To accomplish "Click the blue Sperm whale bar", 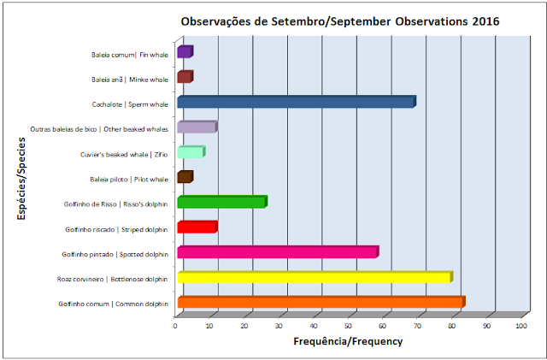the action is click(x=297, y=102).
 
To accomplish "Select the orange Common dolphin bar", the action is click(x=321, y=302).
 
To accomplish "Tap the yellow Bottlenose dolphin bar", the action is click(x=315, y=277).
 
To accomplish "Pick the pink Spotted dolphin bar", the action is click(x=278, y=252).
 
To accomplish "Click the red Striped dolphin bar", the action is click(x=197, y=227).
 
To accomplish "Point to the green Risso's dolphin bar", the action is click(x=222, y=202).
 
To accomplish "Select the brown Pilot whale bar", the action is click(x=185, y=177).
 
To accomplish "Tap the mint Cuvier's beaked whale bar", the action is click(x=191, y=152).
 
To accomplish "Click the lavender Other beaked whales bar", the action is click(x=197, y=127).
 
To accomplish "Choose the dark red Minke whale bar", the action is click(x=185, y=77).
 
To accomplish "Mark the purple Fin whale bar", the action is click(x=185, y=51).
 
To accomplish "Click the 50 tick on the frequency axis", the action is click(x=348, y=326).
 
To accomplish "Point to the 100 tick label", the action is click(x=521, y=326).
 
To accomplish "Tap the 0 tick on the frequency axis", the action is click(x=175, y=326).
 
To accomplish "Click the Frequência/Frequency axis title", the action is click(x=348, y=341).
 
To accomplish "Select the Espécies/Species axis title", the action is click(x=21, y=179).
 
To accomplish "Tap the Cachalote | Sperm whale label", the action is click(x=130, y=104).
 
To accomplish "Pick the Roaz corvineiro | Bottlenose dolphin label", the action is click(x=112, y=280).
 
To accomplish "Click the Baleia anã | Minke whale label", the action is click(x=130, y=80).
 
